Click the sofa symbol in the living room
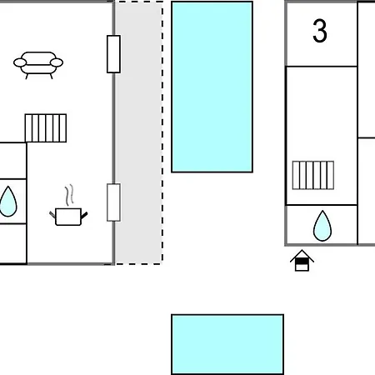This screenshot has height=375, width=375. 38,65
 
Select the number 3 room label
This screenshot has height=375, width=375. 320,31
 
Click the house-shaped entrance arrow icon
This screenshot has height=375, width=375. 302,261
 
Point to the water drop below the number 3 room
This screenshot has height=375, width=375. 322,226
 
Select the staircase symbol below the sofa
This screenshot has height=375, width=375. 46,128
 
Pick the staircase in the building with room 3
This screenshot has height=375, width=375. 313,175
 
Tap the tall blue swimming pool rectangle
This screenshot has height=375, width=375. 212,87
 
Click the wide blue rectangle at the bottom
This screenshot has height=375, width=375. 227,344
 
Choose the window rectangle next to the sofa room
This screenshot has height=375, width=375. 113,54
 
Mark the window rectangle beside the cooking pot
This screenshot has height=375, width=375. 113,202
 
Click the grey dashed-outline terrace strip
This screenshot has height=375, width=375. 139,132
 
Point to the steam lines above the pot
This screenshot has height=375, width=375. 69,195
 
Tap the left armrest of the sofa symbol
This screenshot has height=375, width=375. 20,62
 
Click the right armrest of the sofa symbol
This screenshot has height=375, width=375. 57,62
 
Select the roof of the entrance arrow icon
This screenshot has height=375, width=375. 302,254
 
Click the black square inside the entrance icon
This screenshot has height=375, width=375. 302,262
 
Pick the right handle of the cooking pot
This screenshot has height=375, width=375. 84,215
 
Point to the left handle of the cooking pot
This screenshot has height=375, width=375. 52,215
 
